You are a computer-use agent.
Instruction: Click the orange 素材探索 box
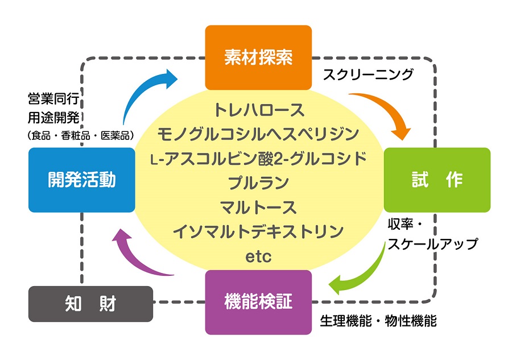tap(258, 57)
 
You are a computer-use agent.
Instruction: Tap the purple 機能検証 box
tap(258, 302)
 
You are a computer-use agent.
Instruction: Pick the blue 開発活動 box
tap(81, 180)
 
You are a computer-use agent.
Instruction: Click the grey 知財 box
tap(90, 304)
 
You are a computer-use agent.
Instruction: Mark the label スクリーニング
tap(368, 75)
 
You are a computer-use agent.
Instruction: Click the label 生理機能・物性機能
tap(378, 321)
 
